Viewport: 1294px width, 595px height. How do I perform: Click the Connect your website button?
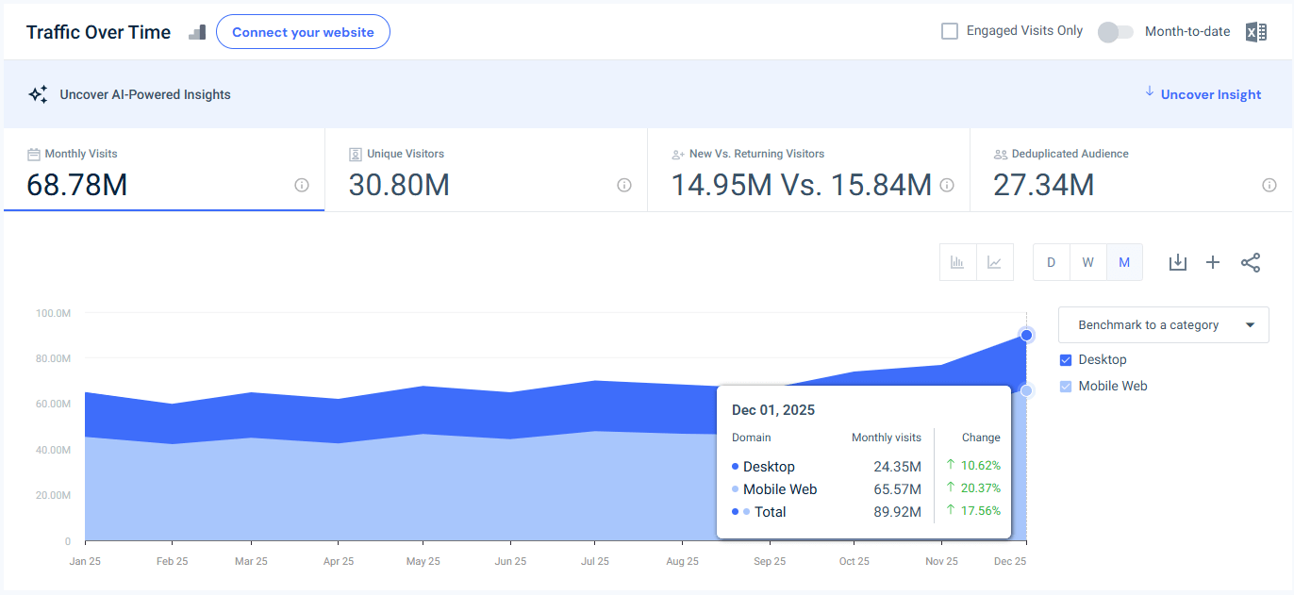[303, 32]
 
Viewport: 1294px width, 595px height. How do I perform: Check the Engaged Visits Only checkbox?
[950, 31]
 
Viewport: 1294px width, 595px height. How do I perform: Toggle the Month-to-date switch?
[1116, 32]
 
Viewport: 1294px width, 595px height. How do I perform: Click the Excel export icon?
[1255, 32]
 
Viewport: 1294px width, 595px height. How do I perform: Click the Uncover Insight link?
[1210, 94]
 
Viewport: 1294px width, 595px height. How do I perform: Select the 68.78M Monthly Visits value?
[77, 186]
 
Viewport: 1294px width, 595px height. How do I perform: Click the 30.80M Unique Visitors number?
[399, 186]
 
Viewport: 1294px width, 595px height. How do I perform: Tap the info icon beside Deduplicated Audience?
[1269, 185]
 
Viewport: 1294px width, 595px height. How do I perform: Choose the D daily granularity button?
[1051, 262]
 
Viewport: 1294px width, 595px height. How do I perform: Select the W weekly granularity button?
[1087, 262]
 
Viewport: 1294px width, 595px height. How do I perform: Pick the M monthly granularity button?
[1124, 262]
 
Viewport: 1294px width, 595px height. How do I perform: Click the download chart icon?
[1177, 262]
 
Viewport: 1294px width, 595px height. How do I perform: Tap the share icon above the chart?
[1251, 262]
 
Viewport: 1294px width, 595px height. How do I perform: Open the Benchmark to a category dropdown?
[1163, 324]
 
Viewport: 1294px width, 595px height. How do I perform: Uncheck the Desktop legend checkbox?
[1066, 360]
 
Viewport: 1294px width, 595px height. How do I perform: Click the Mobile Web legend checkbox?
[1066, 387]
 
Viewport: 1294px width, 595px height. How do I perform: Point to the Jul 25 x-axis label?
[594, 561]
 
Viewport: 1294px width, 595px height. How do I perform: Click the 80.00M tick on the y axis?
[53, 358]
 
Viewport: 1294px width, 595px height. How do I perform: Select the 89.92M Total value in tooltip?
[897, 512]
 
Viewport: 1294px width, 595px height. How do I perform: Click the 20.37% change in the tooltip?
[980, 488]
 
